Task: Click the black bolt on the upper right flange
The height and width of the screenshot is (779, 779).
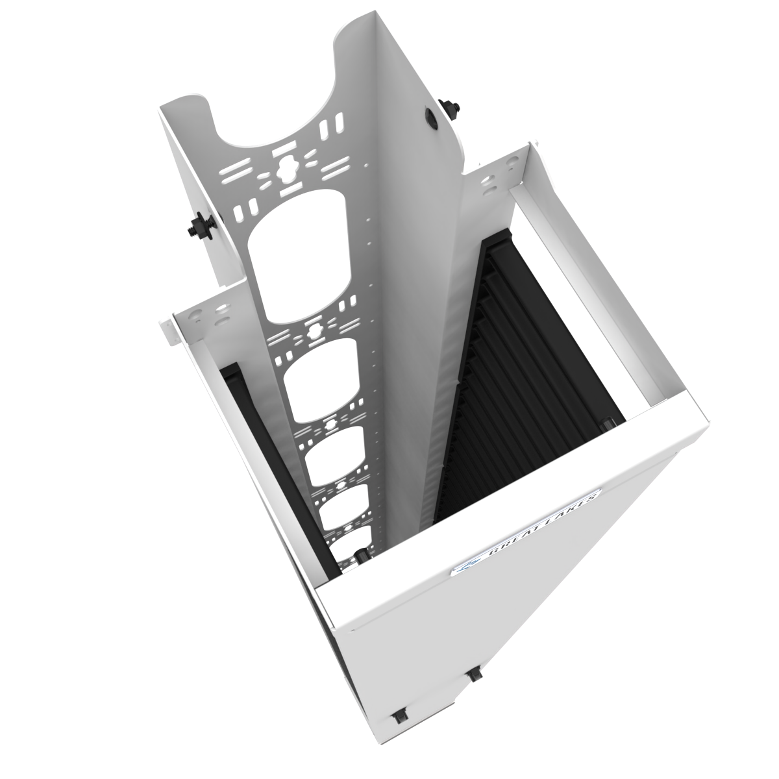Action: coord(447,107)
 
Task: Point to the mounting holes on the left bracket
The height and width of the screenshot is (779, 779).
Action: coord(208,311)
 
